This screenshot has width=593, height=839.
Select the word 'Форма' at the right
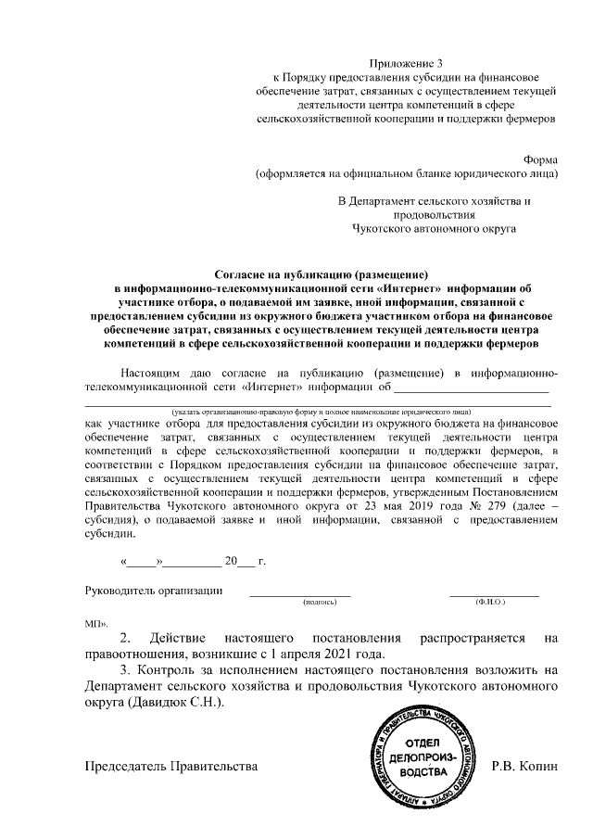[x=541, y=158]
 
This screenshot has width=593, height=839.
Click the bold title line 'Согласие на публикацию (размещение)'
[x=322, y=275]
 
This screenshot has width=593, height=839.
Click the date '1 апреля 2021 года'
[x=277, y=655]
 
